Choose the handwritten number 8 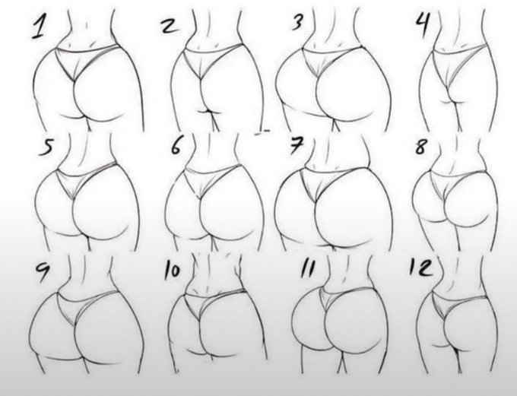click(x=421, y=145)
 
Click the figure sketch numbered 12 click(x=464, y=323)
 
